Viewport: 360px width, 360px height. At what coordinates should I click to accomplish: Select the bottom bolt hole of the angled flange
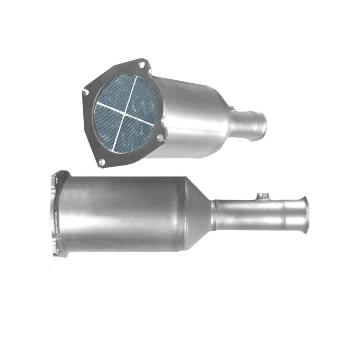click(102, 162)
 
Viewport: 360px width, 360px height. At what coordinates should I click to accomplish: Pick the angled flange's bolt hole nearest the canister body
click(159, 136)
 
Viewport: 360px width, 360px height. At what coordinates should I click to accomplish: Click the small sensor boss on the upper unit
click(231, 108)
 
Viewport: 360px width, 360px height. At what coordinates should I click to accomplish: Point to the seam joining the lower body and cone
click(185, 213)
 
